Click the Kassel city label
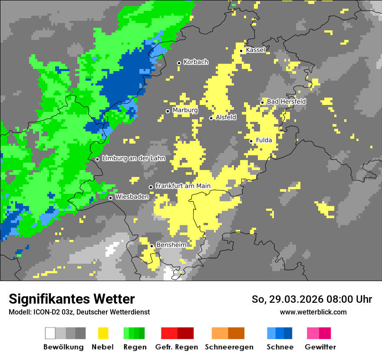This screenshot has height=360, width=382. (255, 50)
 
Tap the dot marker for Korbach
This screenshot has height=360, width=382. (179, 63)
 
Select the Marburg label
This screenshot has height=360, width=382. (185, 110)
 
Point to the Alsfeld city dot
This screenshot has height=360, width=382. (211, 118)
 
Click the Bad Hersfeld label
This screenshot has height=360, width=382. (286, 101)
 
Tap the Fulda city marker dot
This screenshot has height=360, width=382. (251, 141)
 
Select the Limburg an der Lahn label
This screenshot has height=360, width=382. (133, 158)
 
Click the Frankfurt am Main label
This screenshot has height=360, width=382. (183, 186)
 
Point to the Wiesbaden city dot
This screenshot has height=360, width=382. (111, 198)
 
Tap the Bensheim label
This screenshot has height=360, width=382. (171, 245)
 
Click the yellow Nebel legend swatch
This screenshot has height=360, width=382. (103, 333)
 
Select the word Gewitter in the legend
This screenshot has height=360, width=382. (320, 347)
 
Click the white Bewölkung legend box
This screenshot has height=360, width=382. (50, 333)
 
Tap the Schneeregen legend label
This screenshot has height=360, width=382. (229, 347)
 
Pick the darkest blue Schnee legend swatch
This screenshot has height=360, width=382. (288, 333)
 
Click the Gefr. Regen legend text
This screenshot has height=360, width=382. (176, 347)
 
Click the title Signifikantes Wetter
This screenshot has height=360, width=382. (72, 299)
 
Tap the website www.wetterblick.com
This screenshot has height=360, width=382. (313, 312)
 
